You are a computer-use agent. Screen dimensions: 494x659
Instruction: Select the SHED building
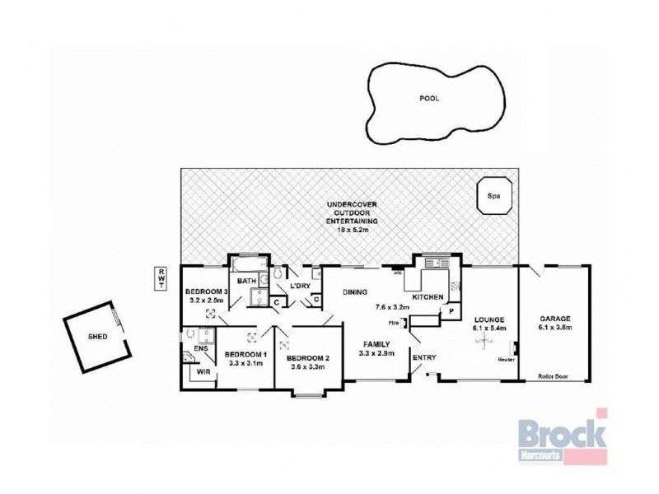97,336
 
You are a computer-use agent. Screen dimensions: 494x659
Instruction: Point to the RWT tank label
161,278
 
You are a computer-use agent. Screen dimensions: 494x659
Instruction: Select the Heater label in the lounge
507,359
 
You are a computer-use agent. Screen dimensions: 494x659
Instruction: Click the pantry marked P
451,310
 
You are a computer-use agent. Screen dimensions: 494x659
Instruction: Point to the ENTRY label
423,357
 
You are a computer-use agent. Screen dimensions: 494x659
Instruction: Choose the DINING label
355,291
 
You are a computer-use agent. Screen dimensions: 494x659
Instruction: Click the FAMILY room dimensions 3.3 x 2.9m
376,354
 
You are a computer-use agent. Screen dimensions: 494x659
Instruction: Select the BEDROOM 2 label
308,358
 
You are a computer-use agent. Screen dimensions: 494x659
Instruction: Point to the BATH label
246,282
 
